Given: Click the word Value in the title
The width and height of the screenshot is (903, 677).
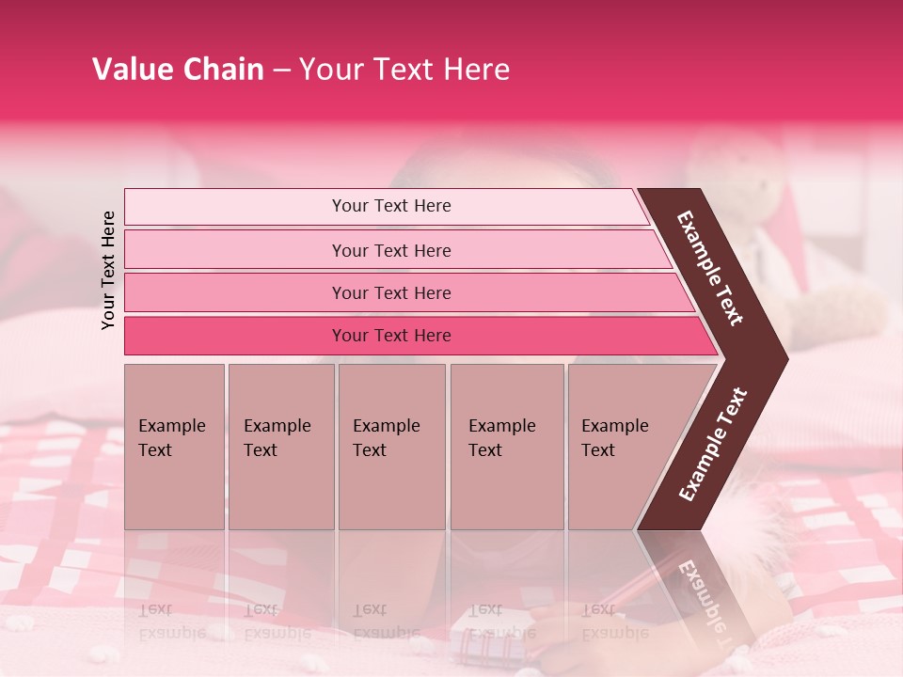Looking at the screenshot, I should click(x=131, y=70).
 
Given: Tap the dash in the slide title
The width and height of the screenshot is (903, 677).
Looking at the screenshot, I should click(x=281, y=71).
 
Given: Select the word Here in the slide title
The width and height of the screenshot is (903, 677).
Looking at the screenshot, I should click(x=476, y=70).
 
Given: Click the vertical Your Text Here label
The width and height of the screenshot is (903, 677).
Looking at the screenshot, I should click(x=108, y=270).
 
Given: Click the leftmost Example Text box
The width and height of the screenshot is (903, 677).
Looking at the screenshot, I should click(x=174, y=447).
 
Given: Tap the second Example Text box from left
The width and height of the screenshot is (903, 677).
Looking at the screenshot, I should click(x=280, y=447).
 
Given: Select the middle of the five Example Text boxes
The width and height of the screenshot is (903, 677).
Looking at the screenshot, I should click(x=391, y=447).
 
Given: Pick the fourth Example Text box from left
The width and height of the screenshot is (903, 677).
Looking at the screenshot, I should click(x=506, y=447).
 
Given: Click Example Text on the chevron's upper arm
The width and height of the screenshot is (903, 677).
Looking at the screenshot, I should click(x=710, y=268).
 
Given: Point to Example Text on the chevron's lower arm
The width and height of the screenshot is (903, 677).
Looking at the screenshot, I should click(x=712, y=444).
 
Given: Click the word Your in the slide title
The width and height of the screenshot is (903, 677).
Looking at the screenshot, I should click(x=330, y=70).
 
